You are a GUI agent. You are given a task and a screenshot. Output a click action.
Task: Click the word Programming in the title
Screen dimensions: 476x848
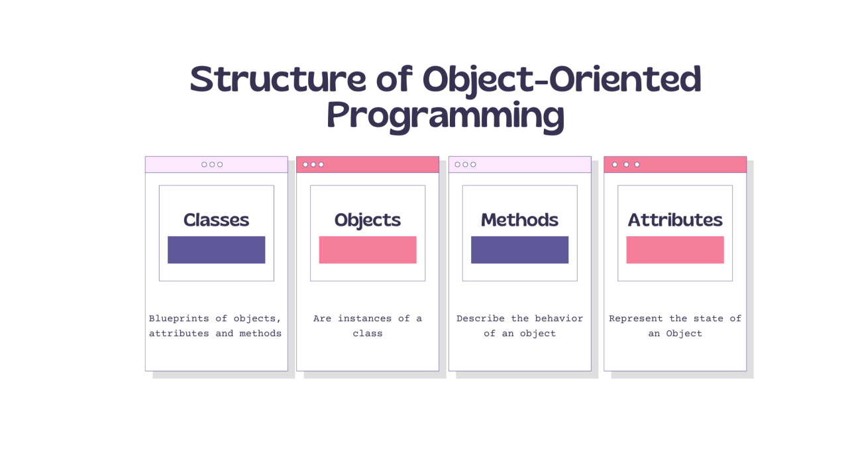445,116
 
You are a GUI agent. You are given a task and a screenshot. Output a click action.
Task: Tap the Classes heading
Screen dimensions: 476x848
216,220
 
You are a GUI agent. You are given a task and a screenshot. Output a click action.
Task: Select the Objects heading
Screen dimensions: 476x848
367,220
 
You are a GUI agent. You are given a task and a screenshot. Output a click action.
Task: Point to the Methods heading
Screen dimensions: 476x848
519,220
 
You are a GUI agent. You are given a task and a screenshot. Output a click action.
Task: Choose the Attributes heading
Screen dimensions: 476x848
674,220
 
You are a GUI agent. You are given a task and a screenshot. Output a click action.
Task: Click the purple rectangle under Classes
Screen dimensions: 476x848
216,250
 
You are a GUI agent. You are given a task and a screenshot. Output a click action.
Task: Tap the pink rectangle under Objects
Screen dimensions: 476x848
367,250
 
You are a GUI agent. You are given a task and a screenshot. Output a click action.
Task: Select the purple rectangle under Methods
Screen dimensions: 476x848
519,250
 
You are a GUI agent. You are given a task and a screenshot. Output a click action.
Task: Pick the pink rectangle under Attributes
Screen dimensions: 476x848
674,250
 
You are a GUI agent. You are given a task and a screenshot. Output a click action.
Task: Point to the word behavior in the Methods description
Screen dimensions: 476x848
558,318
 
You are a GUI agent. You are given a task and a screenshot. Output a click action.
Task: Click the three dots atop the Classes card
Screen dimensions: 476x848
212,164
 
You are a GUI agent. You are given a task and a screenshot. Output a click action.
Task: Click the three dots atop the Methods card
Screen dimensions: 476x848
465,164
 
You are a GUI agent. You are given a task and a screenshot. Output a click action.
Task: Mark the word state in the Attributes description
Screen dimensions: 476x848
708,318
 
